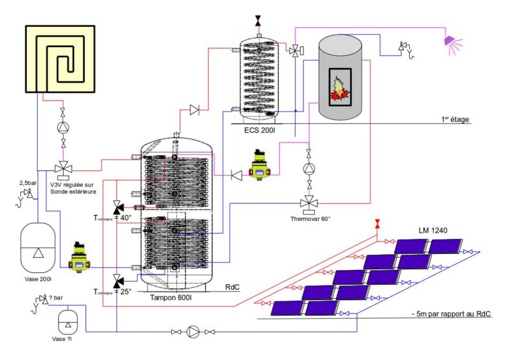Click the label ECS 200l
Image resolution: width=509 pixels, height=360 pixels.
click(260, 130)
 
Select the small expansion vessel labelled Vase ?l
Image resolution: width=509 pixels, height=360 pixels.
click(66, 321)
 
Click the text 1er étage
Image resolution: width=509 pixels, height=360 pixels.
click(454, 119)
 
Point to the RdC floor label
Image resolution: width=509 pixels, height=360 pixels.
click(232, 287)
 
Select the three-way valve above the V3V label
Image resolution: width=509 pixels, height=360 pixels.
click(62, 169)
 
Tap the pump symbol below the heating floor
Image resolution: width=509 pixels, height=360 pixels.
click(62, 127)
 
